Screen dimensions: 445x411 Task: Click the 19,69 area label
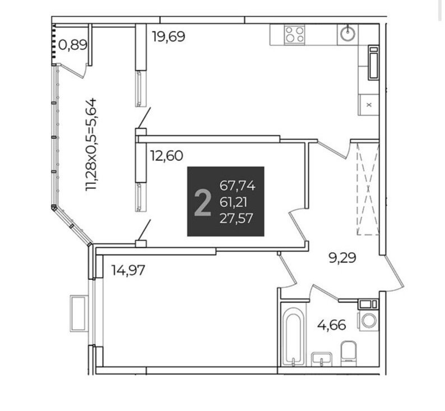click(x=169, y=36)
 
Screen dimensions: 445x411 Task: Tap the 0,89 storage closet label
click(x=73, y=44)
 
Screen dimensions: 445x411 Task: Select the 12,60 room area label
click(x=166, y=155)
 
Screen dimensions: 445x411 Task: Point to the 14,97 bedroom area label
click(x=128, y=270)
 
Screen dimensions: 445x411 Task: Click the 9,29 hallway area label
click(x=342, y=258)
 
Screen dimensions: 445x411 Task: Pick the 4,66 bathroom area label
click(x=331, y=325)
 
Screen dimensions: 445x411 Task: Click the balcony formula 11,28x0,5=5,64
click(x=91, y=145)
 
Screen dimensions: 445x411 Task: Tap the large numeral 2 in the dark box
click(x=203, y=203)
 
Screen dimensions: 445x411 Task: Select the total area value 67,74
click(x=238, y=186)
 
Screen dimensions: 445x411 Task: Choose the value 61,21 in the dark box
click(x=233, y=202)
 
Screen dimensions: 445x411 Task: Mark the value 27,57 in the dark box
click(x=236, y=219)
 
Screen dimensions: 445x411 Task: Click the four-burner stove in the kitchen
click(x=295, y=34)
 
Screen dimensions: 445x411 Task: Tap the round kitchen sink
click(x=347, y=34)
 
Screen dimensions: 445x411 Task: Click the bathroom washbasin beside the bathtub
click(x=322, y=359)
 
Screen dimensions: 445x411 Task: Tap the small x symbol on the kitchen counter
click(x=369, y=105)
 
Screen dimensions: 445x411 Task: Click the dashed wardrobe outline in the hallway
click(x=368, y=190)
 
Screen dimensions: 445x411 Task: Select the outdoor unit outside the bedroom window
click(x=78, y=313)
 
